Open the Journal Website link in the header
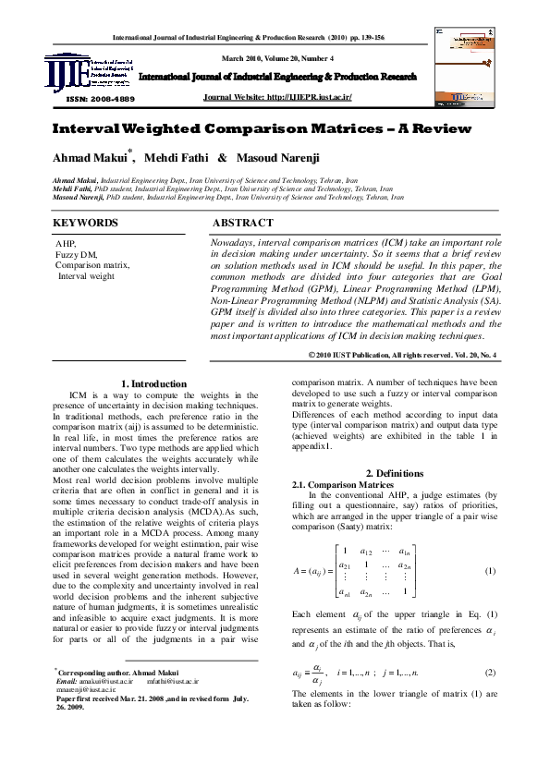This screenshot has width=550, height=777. pyautogui.click(x=277, y=96)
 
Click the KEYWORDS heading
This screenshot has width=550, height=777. pyautogui.click(x=85, y=223)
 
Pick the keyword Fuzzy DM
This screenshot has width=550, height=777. pyautogui.click(x=77, y=254)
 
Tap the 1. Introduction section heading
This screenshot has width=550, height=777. pyautogui.click(x=141, y=383)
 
